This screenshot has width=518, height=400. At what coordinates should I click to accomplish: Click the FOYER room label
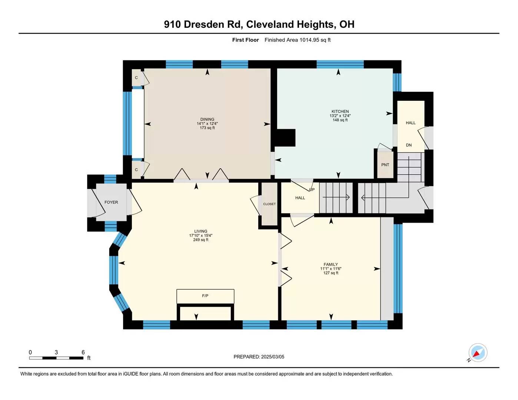[x=111, y=202]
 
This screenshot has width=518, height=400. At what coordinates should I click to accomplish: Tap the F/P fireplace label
[x=205, y=296]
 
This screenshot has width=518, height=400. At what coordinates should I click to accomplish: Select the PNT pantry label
[x=385, y=165]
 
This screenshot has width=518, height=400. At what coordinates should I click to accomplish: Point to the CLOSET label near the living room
[x=269, y=204]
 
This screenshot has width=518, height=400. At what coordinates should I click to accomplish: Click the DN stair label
[x=409, y=145]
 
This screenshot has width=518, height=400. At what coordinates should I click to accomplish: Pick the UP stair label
[x=312, y=190]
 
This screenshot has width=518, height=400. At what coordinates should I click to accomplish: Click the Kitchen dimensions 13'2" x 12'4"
[x=340, y=116]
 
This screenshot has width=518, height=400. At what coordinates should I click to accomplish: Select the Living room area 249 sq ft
[x=201, y=240]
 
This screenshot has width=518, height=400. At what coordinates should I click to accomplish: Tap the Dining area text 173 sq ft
[x=207, y=128]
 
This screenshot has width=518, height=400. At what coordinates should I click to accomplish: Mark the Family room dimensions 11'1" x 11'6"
[x=331, y=269]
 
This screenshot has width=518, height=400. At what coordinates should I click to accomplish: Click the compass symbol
[x=478, y=353]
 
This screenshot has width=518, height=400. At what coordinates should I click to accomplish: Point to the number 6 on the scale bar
[x=83, y=352]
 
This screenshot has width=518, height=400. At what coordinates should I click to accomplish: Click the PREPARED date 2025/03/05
[x=272, y=357]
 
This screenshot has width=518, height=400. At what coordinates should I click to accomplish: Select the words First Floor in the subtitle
[x=245, y=40]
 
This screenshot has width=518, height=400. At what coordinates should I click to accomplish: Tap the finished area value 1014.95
[x=309, y=40]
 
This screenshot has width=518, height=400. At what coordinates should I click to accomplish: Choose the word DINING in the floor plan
[x=207, y=119]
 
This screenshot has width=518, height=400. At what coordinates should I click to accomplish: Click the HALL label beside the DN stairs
[x=411, y=123]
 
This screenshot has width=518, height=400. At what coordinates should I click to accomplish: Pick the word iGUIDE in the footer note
[x=131, y=374]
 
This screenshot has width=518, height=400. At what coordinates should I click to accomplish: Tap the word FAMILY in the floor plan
[x=331, y=264]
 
